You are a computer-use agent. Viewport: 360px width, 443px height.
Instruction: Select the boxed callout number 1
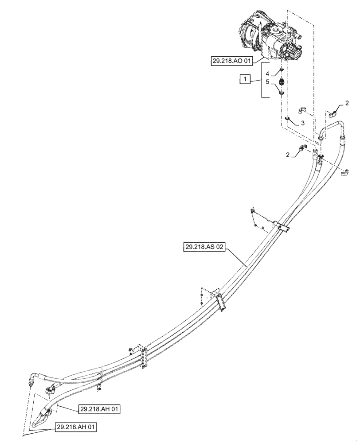(x=244, y=80)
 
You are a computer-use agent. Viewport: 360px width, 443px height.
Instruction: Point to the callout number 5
(x=267, y=82)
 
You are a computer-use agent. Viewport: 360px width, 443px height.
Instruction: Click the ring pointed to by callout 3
(x=287, y=119)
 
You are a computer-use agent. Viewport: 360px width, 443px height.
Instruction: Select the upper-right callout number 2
(x=347, y=103)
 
